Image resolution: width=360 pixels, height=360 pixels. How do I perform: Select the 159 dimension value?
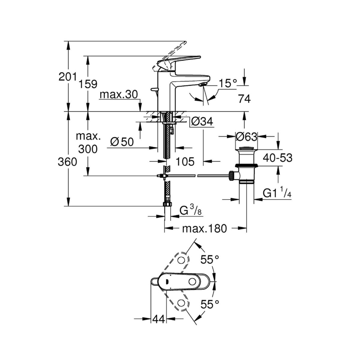[x=88, y=84]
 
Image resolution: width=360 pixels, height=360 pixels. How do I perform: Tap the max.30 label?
[x=118, y=95]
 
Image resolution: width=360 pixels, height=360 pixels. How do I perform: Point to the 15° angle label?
[x=228, y=83]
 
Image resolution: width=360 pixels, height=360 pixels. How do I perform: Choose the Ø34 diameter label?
[x=202, y=122]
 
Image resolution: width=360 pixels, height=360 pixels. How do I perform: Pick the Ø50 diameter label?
[x=122, y=142]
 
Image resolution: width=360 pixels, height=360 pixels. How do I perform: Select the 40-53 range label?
[x=277, y=158]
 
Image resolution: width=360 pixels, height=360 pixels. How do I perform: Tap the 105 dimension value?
[x=185, y=161]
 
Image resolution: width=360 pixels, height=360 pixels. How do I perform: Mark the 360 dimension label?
[x=67, y=162]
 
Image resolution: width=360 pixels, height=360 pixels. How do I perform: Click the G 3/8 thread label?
[x=190, y=211]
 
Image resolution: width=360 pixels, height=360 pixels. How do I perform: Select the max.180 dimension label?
[x=204, y=229]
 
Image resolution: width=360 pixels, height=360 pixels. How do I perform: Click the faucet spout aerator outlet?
[x=202, y=85]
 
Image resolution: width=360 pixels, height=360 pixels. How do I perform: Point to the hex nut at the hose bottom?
[x=167, y=204]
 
